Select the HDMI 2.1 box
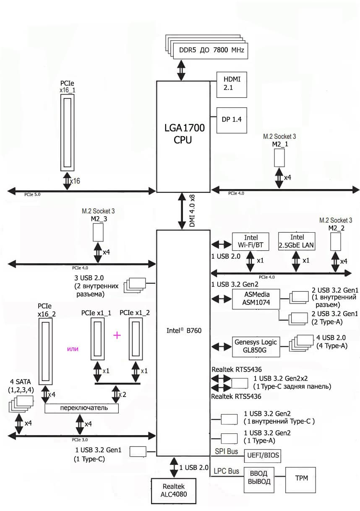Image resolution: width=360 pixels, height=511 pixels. [x=231, y=84]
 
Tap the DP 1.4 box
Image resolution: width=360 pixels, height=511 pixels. [x=231, y=120]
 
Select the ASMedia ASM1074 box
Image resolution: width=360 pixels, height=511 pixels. [x=256, y=299]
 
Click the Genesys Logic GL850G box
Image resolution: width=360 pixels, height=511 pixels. [x=256, y=347]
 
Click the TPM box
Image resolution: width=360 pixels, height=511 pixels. [x=300, y=478]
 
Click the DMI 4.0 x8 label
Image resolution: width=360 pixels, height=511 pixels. [x=192, y=210]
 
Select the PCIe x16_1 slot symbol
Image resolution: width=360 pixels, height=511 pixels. [x=68, y=132]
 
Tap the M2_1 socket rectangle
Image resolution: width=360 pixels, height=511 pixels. [x=280, y=157]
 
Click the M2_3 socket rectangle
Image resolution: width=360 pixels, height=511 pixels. [x=98, y=232]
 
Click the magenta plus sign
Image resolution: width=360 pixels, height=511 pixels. [x=117, y=335]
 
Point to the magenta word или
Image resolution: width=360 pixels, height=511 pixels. [x=73, y=348]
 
